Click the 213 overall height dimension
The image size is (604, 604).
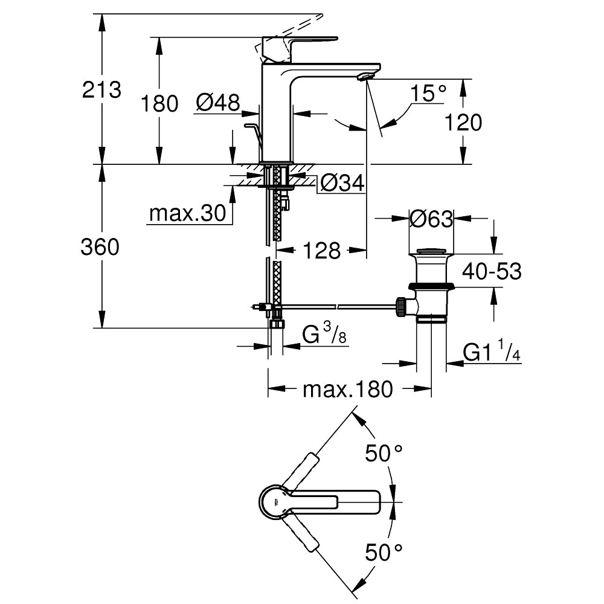point(102,90)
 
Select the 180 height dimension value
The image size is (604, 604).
point(159,104)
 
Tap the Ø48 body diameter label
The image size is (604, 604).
point(217,103)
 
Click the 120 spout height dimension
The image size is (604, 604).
point(463,123)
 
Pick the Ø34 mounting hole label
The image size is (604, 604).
point(342,183)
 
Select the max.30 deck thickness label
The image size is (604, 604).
point(187,214)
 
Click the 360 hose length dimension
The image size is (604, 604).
point(100,246)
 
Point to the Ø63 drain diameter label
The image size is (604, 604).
point(431,219)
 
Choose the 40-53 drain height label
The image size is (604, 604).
point(492,271)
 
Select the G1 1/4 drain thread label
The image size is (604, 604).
point(491,352)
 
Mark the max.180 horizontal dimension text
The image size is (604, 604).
point(347,390)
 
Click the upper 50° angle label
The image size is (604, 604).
point(384,452)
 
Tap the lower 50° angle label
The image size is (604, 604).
point(384,551)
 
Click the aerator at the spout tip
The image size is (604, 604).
point(366,76)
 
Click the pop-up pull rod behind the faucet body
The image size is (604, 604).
point(254,132)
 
